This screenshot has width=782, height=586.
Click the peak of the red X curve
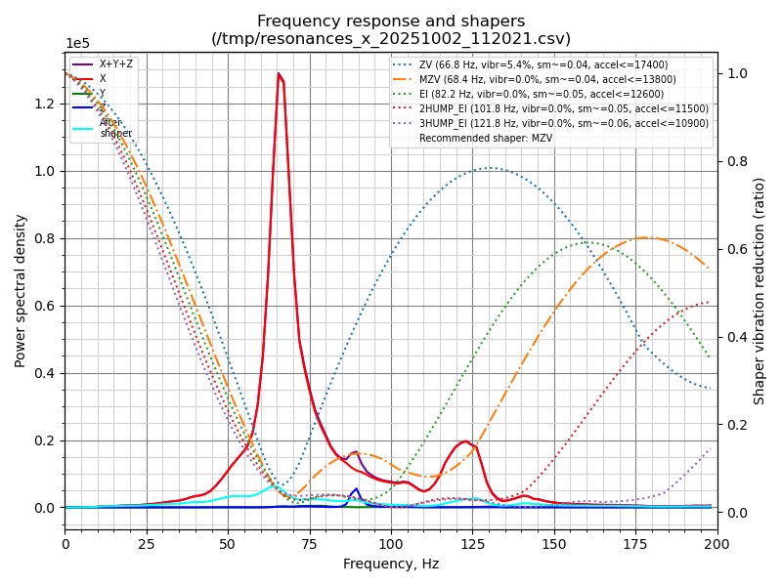pyautogui.click(x=279, y=74)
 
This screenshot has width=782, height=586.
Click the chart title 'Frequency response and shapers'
pyautogui.click(x=391, y=21)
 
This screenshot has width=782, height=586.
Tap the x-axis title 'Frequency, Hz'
pyautogui.click(x=391, y=564)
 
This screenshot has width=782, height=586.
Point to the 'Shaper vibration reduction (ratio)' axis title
pyautogui.click(x=760, y=290)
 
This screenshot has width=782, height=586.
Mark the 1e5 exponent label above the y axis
pyautogui.click(x=79, y=44)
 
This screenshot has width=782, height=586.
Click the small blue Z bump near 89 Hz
pyautogui.click(x=356, y=489)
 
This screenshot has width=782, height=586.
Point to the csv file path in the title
pyautogui.click(x=391, y=39)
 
